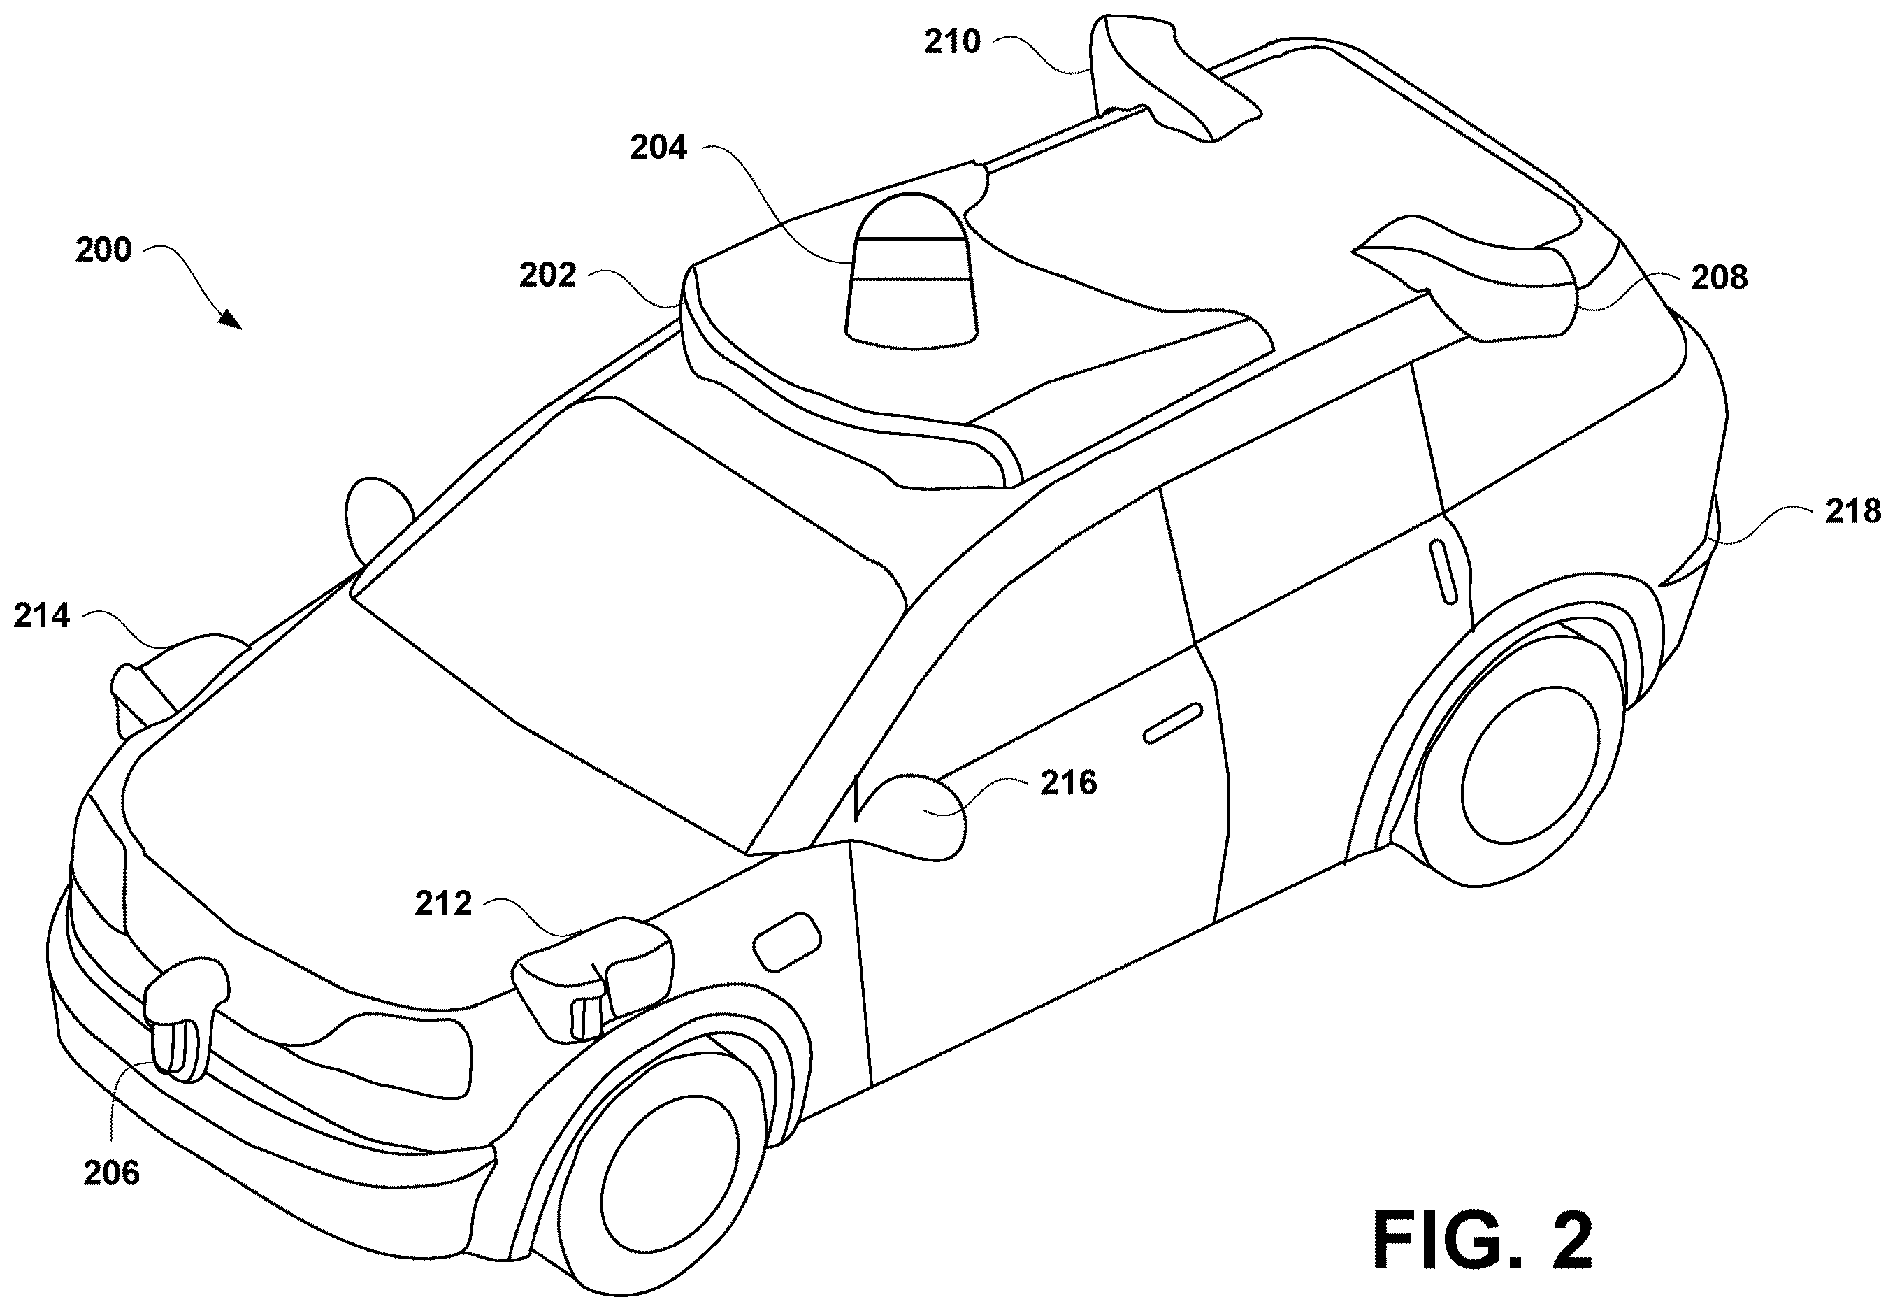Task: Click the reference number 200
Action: point(103,250)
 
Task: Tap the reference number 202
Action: point(547,275)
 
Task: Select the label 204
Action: point(658,148)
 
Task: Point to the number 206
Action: point(112,1173)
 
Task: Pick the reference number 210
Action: point(953,41)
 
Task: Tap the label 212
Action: point(443,903)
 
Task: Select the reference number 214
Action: point(42,615)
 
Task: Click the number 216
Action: point(1069,783)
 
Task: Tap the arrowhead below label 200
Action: point(232,320)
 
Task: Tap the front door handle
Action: point(1174,723)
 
